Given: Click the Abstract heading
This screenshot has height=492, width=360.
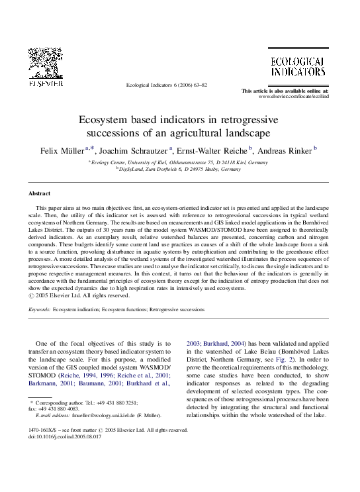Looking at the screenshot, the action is click(40, 193).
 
